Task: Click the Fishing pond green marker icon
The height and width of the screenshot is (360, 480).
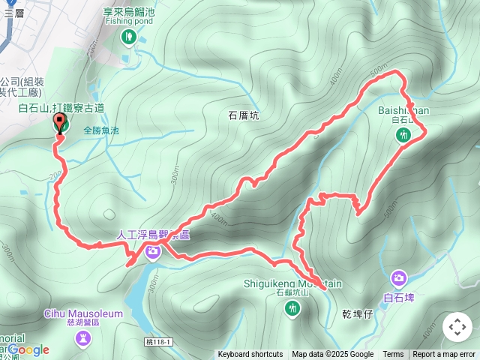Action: coord(128,36)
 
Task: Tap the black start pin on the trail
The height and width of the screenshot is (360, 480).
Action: coord(60,121)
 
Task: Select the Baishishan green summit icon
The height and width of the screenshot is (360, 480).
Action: coord(403,134)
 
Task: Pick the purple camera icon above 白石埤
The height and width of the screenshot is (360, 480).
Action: coord(398,279)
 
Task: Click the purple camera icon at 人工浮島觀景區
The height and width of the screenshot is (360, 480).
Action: coord(152,250)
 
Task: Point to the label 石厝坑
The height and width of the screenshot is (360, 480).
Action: coord(242,115)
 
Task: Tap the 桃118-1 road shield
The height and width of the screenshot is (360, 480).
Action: coord(158,341)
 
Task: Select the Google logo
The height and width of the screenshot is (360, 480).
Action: coord(28,349)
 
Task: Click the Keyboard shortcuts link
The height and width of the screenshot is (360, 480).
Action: coord(250,355)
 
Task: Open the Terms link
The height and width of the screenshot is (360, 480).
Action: coord(393,355)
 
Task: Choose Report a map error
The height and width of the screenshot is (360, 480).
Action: coord(444,355)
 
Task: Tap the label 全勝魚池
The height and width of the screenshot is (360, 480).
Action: coord(101,130)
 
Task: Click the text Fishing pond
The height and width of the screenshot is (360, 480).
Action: coord(128,21)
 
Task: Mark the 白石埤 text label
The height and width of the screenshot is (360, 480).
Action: coord(398,298)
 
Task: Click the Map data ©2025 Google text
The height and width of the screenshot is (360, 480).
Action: coord(332,355)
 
